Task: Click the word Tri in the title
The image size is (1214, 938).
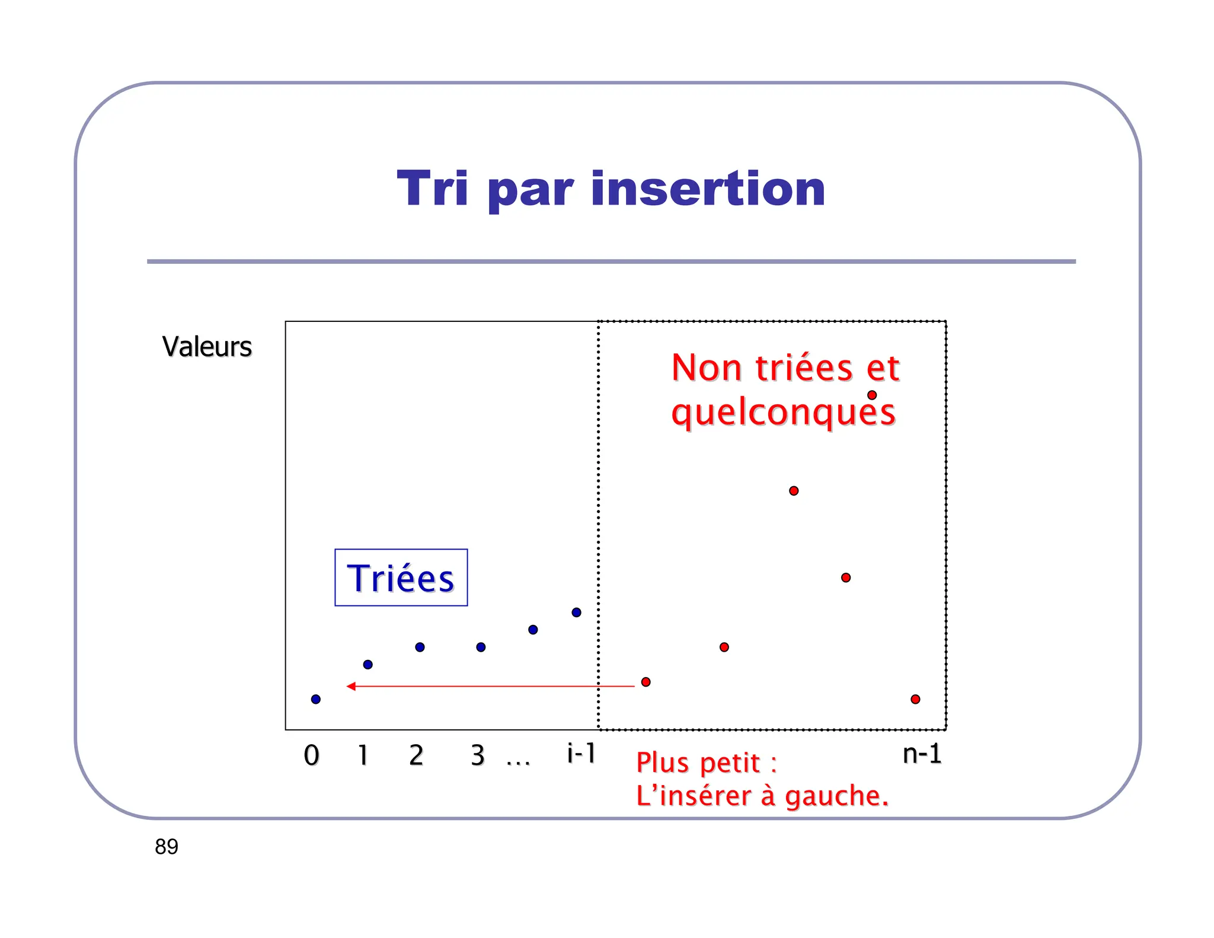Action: [x=432, y=189]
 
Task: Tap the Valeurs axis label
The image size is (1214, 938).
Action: [x=207, y=347]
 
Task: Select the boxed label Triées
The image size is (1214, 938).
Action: [x=401, y=578]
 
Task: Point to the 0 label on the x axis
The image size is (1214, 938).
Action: [x=311, y=755]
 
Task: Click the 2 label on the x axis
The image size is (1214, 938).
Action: [x=416, y=755]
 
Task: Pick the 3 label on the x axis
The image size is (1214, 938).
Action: [x=477, y=755]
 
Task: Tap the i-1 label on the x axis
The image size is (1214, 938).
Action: [x=581, y=754]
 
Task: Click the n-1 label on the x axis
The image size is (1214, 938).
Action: [x=922, y=754]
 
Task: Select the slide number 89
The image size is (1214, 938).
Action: [x=167, y=847]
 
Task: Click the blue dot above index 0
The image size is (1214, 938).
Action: [x=316, y=700]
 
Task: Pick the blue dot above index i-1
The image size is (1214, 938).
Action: [x=576, y=612]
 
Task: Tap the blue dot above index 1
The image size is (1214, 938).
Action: [x=368, y=665]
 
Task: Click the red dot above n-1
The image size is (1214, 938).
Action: [x=915, y=700]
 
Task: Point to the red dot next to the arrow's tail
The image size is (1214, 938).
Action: [x=646, y=682]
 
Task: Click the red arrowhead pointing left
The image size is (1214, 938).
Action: [x=351, y=687]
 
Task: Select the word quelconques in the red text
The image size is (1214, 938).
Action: [x=782, y=413]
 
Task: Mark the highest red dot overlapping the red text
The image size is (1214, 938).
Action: [x=872, y=395]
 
